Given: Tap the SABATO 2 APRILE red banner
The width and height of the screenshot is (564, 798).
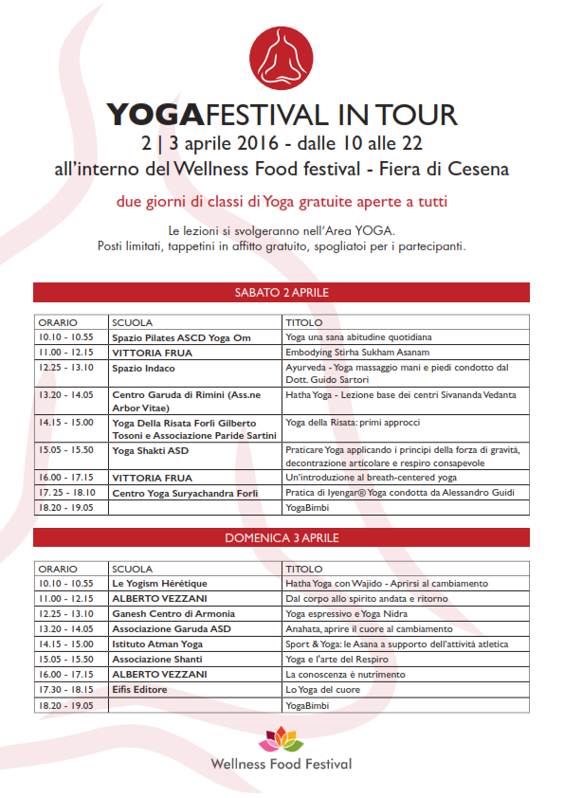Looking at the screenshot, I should pos(281,292).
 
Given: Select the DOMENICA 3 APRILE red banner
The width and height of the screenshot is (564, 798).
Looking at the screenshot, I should pos(281,537).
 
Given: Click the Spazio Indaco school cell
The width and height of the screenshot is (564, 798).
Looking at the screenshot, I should pos(143,368).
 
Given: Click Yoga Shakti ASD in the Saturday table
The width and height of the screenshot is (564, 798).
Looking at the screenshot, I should pos(150,450).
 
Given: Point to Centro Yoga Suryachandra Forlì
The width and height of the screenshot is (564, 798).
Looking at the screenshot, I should pos(186,494).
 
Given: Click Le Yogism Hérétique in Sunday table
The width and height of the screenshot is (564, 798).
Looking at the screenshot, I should pos(159,583).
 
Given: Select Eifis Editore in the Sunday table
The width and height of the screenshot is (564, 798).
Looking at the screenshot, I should pos(140,689).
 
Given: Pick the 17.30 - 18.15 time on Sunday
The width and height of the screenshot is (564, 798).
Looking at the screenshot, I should pos(65,689).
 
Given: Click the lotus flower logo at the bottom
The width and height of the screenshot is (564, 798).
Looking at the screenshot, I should pos(281,735).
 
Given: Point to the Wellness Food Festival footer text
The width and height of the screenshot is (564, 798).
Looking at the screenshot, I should pos(281,763).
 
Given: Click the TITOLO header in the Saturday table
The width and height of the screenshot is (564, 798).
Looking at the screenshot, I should pos(303,322).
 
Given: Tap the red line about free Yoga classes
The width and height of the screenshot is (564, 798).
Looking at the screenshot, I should pos(281,202).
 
